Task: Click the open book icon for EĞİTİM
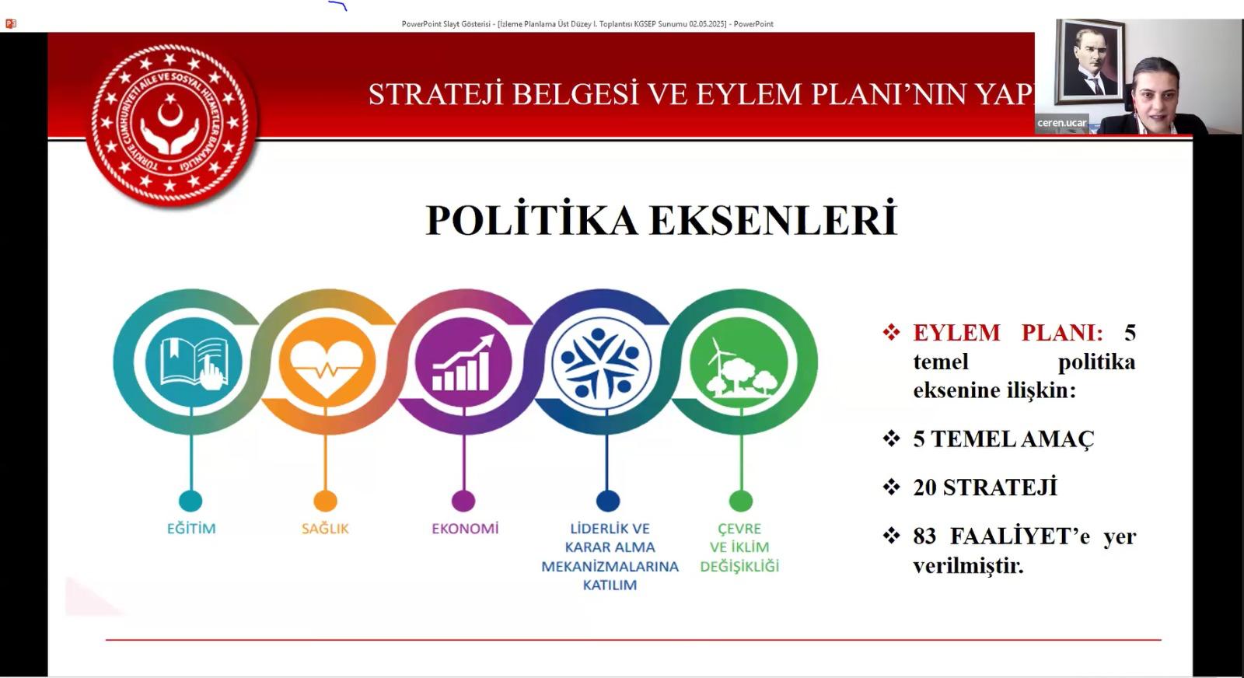pyautogui.click(x=194, y=362)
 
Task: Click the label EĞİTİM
pyautogui.click(x=191, y=528)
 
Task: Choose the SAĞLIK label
pyautogui.click(x=326, y=528)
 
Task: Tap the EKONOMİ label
pyautogui.click(x=466, y=528)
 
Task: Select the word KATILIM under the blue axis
pyautogui.click(x=610, y=585)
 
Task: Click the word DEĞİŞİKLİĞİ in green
pyautogui.click(x=739, y=566)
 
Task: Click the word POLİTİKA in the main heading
pyautogui.click(x=532, y=219)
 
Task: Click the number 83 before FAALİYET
pyautogui.click(x=924, y=536)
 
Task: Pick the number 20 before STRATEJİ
pyautogui.click(x=924, y=488)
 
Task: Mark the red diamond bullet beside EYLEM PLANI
pyautogui.click(x=891, y=332)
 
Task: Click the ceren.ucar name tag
pyautogui.click(x=1061, y=123)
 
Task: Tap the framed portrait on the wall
pyautogui.click(x=1090, y=61)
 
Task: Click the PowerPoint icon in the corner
pyautogui.click(x=11, y=24)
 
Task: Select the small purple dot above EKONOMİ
pyautogui.click(x=463, y=500)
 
